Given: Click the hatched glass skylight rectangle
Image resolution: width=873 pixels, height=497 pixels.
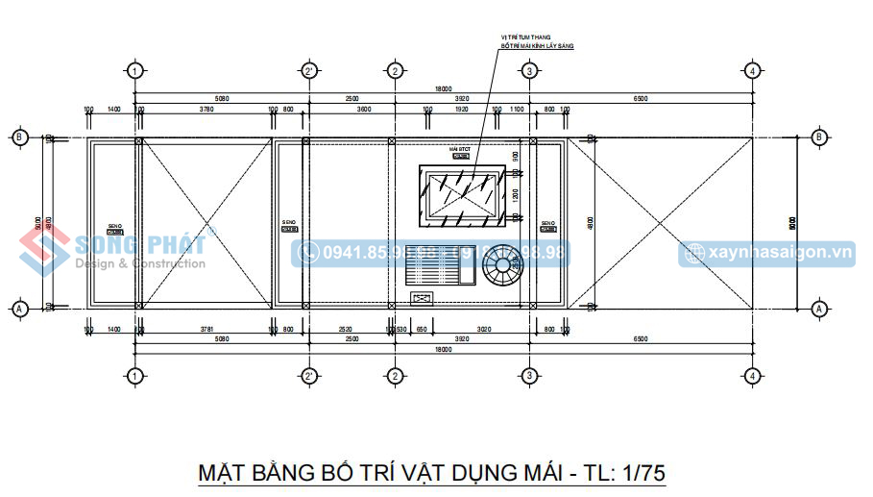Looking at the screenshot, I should click(x=463, y=196).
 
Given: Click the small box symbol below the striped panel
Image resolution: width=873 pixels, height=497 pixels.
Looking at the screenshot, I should click(x=422, y=299).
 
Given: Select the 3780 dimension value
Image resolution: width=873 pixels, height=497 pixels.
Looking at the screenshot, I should click(x=206, y=110).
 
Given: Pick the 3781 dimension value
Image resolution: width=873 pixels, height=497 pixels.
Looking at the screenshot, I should click(x=206, y=330).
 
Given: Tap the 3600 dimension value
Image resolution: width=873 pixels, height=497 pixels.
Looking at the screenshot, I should click(x=363, y=110).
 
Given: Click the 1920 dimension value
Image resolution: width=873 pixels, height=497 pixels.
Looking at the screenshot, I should click(x=461, y=110).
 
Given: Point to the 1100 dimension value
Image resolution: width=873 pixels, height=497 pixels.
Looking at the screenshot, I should click(x=517, y=110).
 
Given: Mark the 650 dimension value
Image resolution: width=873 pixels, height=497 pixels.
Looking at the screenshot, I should click(x=422, y=330).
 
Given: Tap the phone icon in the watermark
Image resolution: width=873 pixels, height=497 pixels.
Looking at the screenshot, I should click(x=309, y=253).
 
